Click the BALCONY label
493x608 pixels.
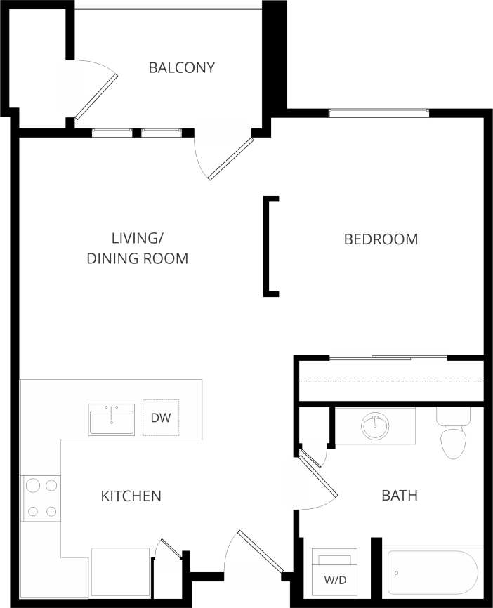[181, 68]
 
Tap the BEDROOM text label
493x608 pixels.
[381, 239]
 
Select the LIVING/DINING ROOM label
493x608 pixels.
[137, 248]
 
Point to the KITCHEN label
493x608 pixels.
[131, 496]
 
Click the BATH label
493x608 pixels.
[399, 496]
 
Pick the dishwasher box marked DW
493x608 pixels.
[161, 418]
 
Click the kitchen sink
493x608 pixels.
[112, 419]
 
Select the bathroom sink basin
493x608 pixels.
[375, 425]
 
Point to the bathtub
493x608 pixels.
[432, 571]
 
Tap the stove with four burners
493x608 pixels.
[41, 498]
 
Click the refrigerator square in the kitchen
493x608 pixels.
[120, 571]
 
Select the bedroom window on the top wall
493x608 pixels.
[379, 112]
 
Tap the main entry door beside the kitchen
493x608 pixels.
[261, 551]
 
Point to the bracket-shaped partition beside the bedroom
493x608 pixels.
[268, 246]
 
